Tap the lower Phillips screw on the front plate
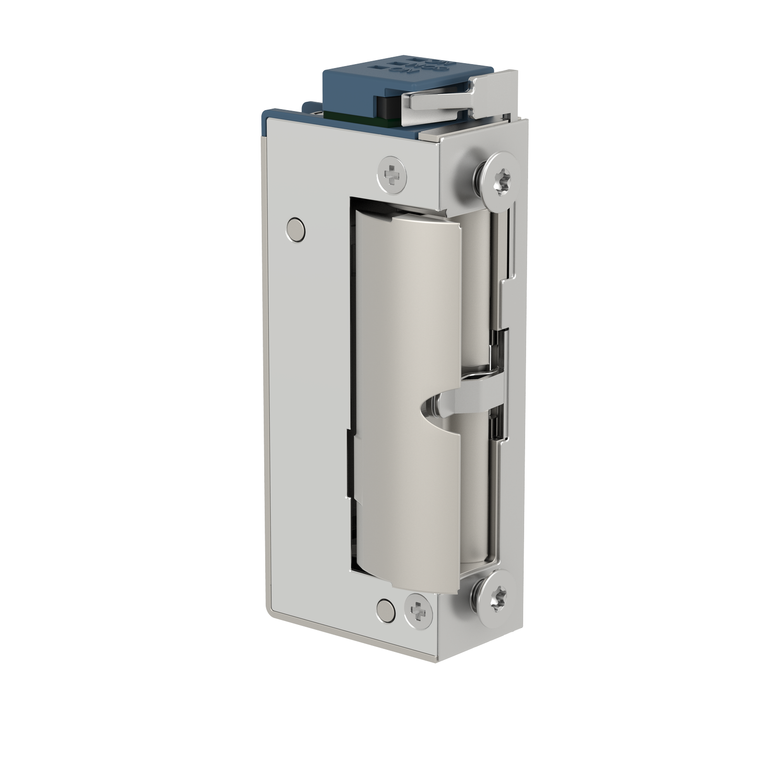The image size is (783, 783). coord(419,610)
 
